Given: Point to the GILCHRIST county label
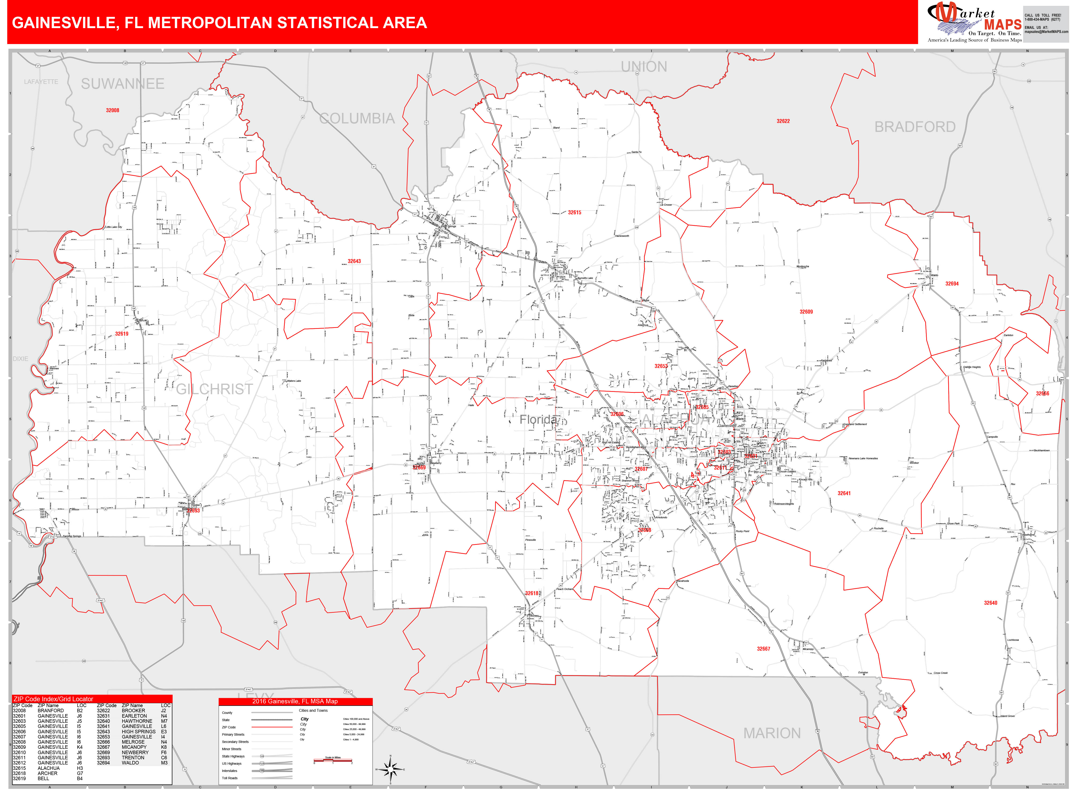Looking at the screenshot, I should [214, 389].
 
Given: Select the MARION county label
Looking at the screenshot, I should [772, 733].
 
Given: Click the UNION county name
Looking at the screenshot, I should [644, 67].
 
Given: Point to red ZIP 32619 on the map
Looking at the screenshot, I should [122, 334].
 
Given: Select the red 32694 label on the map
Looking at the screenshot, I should [952, 284].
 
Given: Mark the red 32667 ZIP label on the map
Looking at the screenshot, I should [763, 649].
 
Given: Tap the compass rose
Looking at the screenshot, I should [391, 769].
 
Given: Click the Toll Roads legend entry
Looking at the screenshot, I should [230, 778].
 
